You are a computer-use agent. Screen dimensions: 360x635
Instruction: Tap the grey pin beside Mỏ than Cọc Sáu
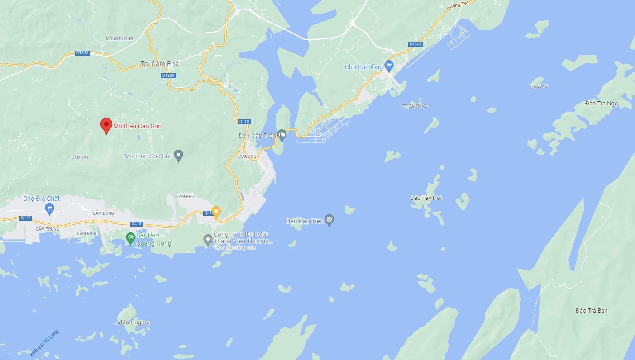[x=179, y=156]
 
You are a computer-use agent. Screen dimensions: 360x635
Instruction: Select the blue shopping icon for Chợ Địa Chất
[x=50, y=208]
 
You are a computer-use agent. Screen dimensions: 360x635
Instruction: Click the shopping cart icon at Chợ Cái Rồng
[x=388, y=66]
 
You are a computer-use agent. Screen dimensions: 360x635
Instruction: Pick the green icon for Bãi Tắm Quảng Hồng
[x=130, y=238]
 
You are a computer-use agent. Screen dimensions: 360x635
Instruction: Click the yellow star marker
[x=216, y=211]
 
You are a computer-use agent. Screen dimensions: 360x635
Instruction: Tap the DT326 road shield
[x=82, y=53]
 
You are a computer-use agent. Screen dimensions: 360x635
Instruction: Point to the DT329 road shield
[x=168, y=76]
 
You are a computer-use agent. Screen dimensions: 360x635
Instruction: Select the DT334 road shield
[x=415, y=44]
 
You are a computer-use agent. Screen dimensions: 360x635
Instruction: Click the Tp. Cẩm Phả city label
[x=159, y=64]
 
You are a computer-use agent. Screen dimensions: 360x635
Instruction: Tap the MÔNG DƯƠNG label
[x=119, y=39]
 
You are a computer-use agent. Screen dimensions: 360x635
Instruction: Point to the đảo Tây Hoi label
[x=426, y=198]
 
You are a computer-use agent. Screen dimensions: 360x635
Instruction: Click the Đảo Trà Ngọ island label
[x=601, y=104]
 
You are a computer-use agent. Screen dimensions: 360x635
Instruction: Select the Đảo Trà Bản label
[x=591, y=310]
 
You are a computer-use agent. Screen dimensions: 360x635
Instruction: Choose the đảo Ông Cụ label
[x=134, y=322]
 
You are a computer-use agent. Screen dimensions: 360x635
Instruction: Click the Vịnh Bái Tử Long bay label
[x=44, y=343]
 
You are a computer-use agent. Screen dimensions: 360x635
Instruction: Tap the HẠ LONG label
[x=539, y=86]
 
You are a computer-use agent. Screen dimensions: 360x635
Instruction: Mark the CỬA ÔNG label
[x=248, y=156]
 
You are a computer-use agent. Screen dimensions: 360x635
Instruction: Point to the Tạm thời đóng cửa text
[x=234, y=248]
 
